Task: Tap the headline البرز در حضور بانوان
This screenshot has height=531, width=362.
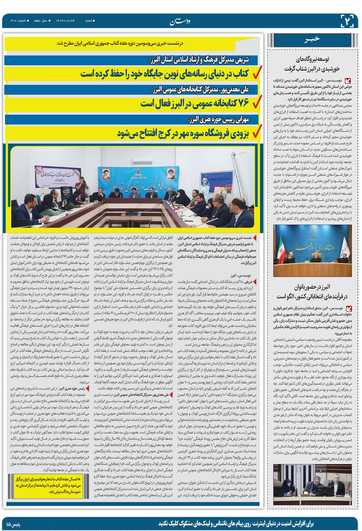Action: tap(312, 292)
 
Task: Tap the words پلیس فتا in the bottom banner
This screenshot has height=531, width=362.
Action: tap(14, 524)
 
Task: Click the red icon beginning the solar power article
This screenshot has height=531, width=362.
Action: tap(349, 81)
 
